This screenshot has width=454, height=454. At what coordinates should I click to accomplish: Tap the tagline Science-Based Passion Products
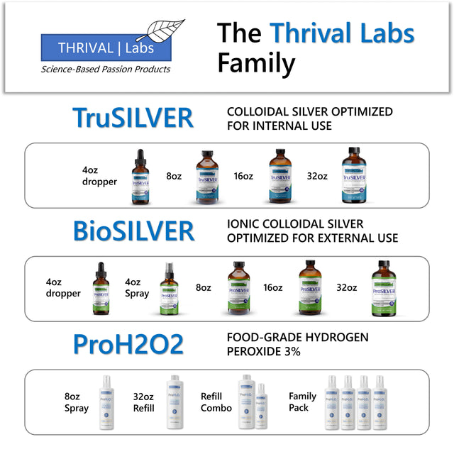click(x=106, y=70)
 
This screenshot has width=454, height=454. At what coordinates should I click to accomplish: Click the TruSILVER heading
click(x=133, y=118)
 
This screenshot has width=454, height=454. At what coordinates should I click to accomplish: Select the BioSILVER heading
click(x=133, y=231)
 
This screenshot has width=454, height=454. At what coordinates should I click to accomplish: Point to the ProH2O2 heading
click(x=128, y=344)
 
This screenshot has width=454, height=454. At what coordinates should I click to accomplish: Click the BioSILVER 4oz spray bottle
click(x=167, y=288)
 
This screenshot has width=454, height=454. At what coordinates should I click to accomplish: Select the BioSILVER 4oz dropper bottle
click(x=101, y=288)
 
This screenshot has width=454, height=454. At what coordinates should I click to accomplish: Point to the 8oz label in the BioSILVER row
click(x=204, y=288)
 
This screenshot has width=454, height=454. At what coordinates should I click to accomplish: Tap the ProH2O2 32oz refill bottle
click(x=174, y=402)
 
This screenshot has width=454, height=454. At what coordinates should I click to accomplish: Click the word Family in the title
click(x=256, y=63)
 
